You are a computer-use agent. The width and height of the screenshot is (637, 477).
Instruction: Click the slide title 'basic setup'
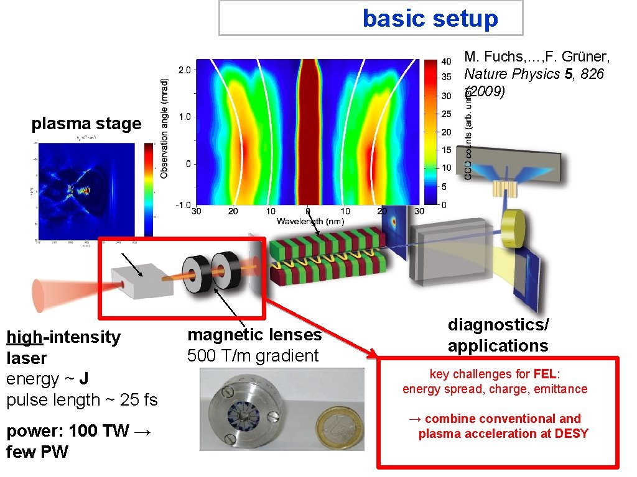coord(430,19)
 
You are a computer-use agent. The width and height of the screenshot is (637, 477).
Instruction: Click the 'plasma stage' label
coord(86,124)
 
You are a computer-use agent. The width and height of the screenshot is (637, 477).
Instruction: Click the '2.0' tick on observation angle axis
coord(185,70)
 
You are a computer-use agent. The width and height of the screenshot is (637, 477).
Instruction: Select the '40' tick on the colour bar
coord(447,62)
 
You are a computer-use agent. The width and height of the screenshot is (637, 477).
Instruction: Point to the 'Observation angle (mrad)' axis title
coord(164,127)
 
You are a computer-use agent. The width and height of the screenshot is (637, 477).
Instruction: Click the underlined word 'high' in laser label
coord(24,337)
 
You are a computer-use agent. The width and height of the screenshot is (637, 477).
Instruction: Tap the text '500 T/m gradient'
coord(253,356)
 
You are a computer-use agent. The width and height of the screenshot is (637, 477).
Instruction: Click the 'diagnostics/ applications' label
coord(498,335)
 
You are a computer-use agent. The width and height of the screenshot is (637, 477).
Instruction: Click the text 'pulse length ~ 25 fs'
coord(81,400)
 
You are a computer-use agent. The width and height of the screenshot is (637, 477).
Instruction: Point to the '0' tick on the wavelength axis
coord(307,211)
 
